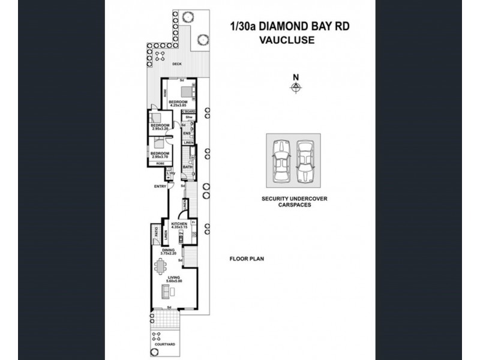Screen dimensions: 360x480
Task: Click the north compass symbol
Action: [295, 87]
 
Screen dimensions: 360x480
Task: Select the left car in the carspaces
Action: [280, 161]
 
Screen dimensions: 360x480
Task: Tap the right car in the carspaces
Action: [305, 161]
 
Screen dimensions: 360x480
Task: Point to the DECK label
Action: [177, 64]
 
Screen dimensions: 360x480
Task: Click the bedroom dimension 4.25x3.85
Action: [179, 106]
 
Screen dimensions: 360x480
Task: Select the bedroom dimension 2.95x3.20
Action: [160, 129]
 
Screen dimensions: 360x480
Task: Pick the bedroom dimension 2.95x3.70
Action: [160, 157]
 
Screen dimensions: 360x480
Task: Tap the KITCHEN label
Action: [179, 224]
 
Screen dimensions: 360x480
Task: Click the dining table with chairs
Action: [160, 265]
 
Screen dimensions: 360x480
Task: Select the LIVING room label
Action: [174, 277]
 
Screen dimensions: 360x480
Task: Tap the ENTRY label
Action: [160, 187]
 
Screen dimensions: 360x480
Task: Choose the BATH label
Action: [187, 166]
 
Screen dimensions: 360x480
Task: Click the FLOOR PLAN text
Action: [247, 259]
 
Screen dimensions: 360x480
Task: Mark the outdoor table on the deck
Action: [160, 56]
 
